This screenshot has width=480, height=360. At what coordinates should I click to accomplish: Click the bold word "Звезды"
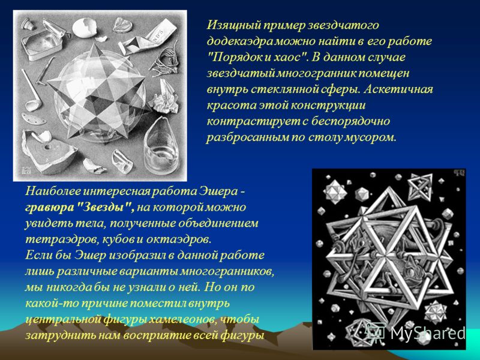click(x=104, y=208)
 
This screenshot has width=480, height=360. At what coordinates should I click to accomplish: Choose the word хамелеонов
click(x=184, y=320)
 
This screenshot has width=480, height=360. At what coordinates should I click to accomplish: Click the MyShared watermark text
click(x=428, y=333)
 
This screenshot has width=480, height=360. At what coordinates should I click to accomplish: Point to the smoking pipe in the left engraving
click(x=31, y=91)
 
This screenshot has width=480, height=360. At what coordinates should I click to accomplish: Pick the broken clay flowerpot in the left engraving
click(x=49, y=152)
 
